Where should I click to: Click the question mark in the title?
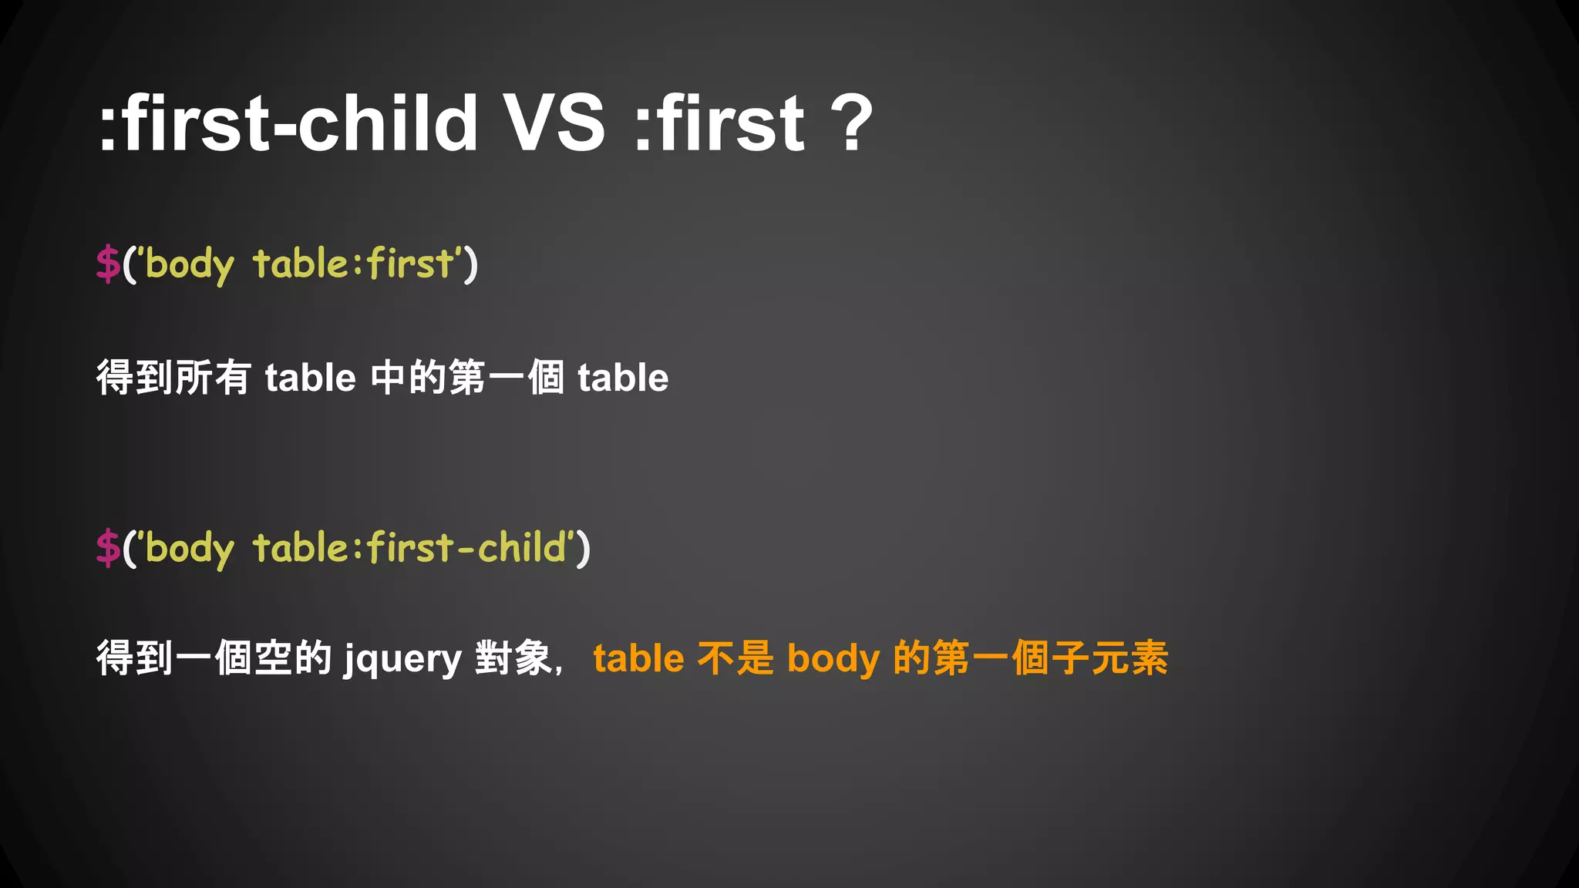click(852, 123)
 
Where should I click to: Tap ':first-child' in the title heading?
click(288, 123)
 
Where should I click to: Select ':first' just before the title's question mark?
click(719, 123)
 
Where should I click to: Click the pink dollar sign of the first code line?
click(108, 264)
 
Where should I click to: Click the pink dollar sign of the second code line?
click(108, 548)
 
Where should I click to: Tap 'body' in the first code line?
click(190, 265)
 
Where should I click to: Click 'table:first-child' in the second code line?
click(409, 548)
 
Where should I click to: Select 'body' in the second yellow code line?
click(190, 550)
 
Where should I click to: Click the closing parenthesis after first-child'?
click(584, 549)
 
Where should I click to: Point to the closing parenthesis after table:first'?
click(471, 264)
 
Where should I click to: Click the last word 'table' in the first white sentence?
click(623, 378)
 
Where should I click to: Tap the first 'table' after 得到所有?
click(310, 378)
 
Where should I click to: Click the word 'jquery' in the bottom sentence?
click(402, 660)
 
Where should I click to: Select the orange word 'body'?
click(833, 659)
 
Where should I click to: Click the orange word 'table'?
click(638, 659)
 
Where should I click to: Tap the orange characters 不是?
click(735, 659)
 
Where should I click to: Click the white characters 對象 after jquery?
click(513, 659)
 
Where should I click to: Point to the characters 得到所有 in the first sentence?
click(173, 378)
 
